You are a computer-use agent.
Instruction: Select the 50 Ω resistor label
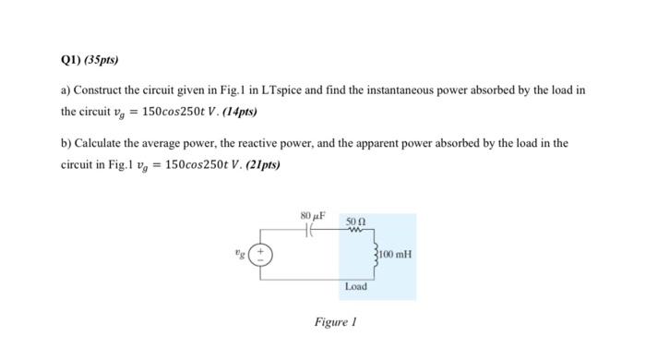[355, 222]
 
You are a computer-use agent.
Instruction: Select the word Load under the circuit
[355, 287]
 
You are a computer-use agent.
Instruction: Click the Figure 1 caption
[335, 322]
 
